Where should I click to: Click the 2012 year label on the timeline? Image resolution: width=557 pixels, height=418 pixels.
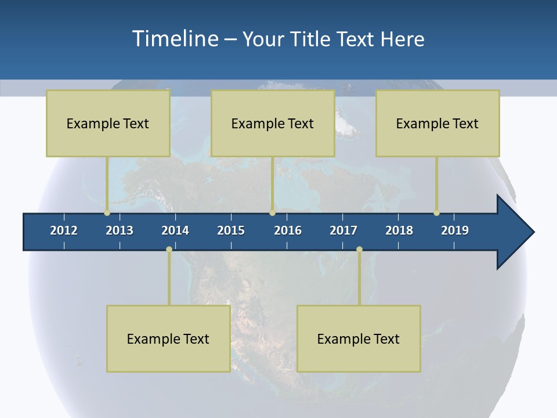[64, 230]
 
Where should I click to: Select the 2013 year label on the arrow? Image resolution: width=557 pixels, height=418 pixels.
[120, 230]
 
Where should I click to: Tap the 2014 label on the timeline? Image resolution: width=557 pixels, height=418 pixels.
[175, 230]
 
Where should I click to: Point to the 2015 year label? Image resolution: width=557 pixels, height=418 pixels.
[231, 230]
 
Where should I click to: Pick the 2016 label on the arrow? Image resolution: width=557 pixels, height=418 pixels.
[288, 230]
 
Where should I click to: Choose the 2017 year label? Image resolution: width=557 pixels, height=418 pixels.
[343, 230]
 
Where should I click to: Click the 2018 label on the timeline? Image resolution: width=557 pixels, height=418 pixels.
[399, 230]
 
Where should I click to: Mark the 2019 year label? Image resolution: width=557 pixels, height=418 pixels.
[455, 230]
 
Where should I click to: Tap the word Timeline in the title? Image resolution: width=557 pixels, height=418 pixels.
[175, 39]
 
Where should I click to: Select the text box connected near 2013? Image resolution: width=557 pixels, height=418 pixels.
[108, 123]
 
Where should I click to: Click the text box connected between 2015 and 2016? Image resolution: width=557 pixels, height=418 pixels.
[273, 123]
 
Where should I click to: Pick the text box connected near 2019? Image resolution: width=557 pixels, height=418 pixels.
[437, 123]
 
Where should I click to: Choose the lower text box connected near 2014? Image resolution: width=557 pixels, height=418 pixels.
[168, 338]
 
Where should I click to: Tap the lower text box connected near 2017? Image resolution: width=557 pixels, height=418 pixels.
[359, 338]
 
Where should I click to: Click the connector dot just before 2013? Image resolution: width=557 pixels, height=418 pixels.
[107, 212]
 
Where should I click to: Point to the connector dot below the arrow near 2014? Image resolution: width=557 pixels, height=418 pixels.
[169, 249]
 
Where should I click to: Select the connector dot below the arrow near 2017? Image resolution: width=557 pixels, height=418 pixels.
[359, 249]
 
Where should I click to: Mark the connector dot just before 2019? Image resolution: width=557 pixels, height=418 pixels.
[436, 212]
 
